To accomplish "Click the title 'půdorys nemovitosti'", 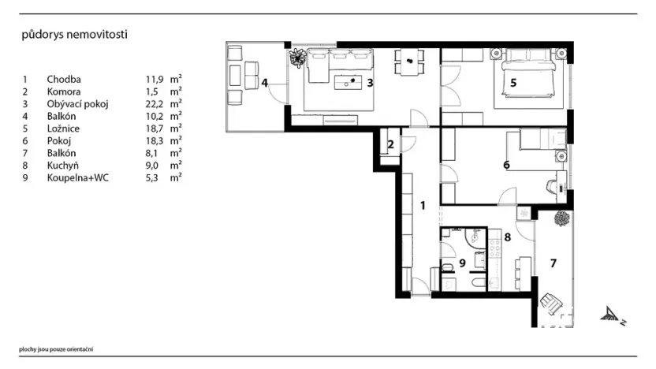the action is click(x=74, y=35).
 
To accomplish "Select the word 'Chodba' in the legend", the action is click(x=64, y=79).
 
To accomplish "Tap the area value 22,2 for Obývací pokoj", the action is click(x=155, y=104).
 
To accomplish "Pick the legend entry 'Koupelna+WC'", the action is click(x=77, y=178).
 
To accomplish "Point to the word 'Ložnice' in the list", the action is click(x=63, y=129).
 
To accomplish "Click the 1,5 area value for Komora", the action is click(x=152, y=91).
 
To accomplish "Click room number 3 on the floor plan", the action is click(x=370, y=83).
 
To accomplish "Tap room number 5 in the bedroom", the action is click(x=513, y=83).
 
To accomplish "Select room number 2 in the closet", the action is click(x=391, y=144).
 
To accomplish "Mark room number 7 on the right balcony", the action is click(x=553, y=263).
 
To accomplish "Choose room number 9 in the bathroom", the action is click(x=462, y=263).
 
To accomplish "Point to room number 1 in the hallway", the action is click(x=423, y=206).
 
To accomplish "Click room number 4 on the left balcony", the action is click(x=264, y=83).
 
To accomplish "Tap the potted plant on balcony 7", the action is click(x=562, y=219).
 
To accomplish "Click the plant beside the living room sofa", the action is click(x=298, y=58).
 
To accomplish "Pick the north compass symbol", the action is click(x=612, y=315).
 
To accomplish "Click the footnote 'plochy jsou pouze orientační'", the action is click(x=56, y=349).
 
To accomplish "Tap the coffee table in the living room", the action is click(x=348, y=83).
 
